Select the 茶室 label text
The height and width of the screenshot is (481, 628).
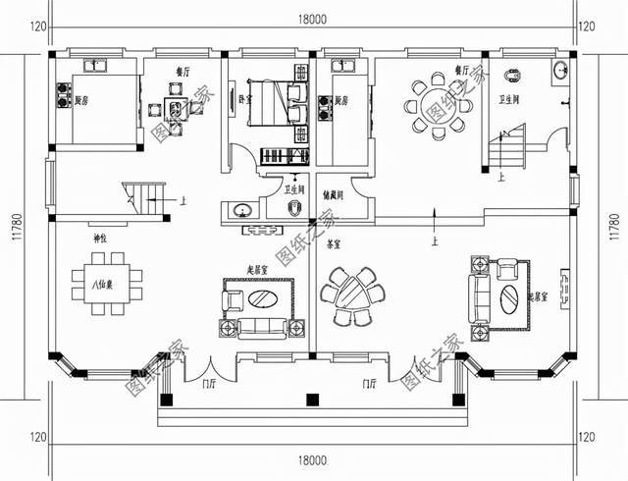[334, 240]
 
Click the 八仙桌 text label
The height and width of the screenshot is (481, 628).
[98, 286]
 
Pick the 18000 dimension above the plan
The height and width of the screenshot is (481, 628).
[313, 18]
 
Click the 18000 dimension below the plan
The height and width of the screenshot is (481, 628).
[313, 459]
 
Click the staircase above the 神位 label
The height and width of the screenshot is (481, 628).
[143, 196]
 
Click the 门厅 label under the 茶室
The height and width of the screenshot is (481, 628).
[371, 384]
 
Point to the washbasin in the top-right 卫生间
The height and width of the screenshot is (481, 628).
[559, 70]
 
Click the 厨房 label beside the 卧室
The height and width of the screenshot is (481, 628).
[342, 99]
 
